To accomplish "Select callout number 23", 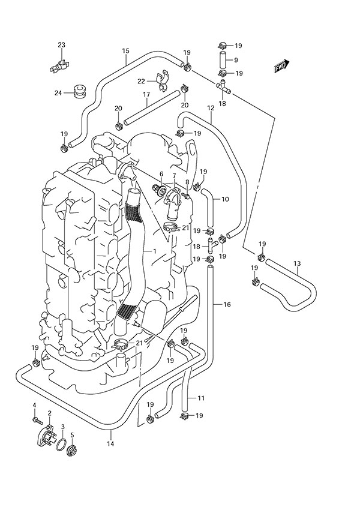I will click(61, 46).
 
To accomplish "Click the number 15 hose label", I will click(125, 51).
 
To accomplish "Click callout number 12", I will click(210, 108).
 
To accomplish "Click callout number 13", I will click(296, 263).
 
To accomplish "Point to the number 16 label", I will click(226, 305).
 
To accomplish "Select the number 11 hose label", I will click(201, 398).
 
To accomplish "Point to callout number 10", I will click(225, 199).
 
